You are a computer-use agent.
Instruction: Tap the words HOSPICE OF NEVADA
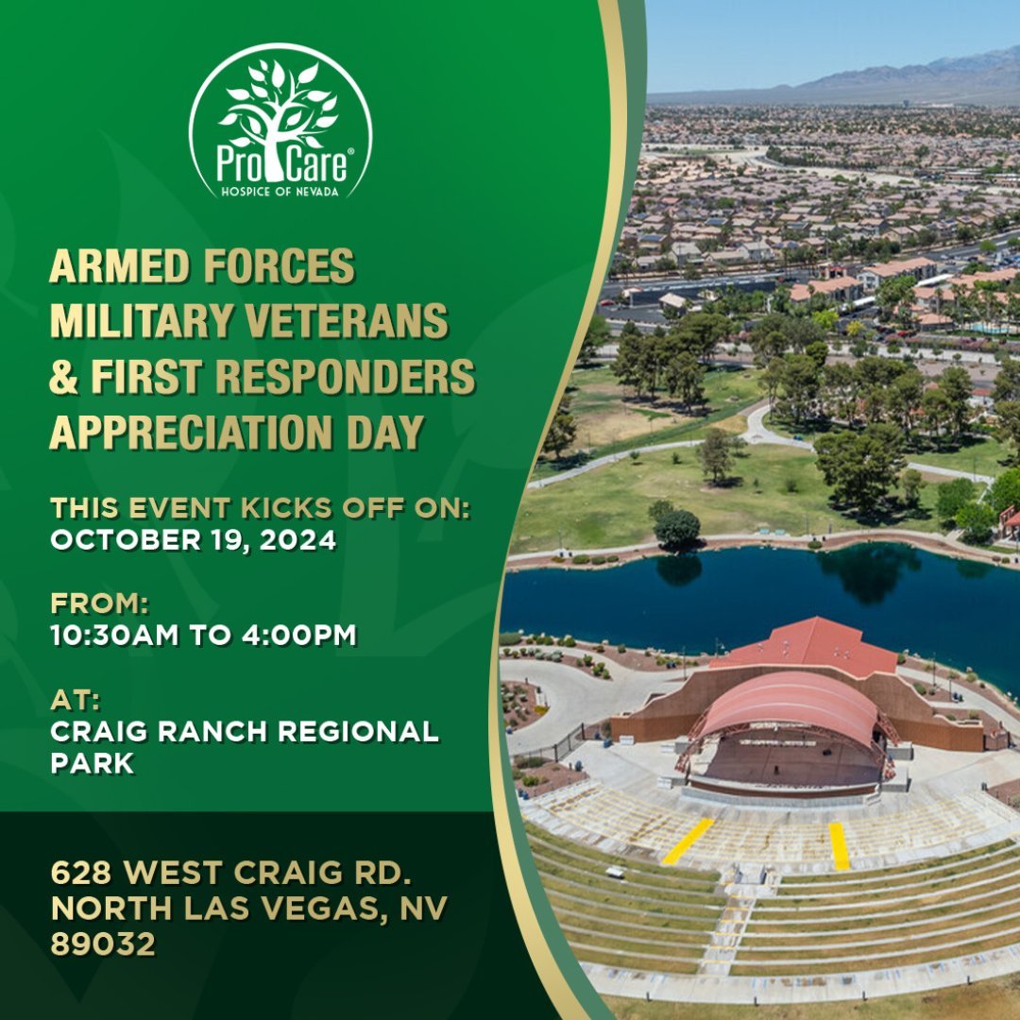280,191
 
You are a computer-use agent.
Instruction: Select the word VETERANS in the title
347,321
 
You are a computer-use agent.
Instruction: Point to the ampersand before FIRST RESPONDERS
63,377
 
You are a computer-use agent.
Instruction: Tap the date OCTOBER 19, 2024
194,540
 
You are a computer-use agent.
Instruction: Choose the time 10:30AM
114,635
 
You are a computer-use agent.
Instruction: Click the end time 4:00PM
299,635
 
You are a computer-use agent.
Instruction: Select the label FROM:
99,603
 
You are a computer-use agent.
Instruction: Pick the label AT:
76,701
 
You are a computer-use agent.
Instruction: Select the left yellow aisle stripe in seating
688,841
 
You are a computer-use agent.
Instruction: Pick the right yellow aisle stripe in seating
840,845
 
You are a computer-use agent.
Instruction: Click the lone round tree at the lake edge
676,527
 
